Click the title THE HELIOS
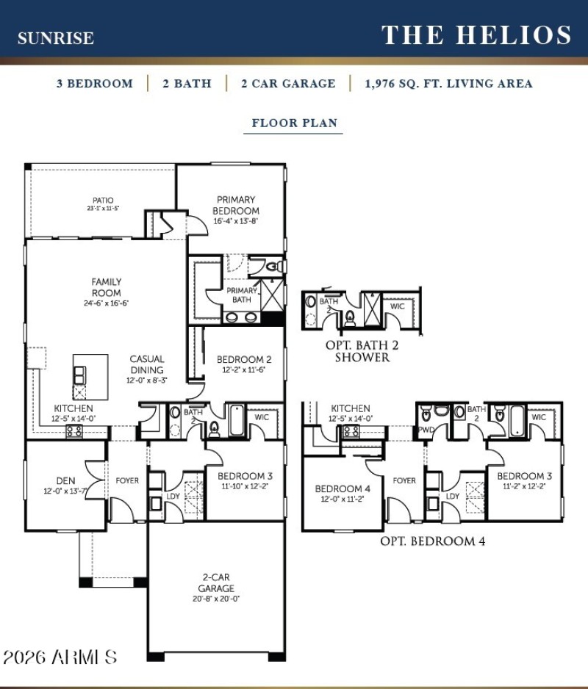click(x=476, y=35)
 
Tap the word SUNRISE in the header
click(x=56, y=38)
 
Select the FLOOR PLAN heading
click(x=294, y=123)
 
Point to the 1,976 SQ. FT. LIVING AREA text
click(x=448, y=84)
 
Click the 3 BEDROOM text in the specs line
click(x=95, y=84)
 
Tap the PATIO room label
click(x=103, y=200)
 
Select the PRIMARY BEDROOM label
click(x=236, y=205)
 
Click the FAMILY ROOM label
click(x=107, y=286)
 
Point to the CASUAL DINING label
click(x=147, y=365)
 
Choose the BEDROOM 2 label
click(x=244, y=360)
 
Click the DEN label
click(x=65, y=481)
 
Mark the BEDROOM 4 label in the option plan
click(x=338, y=489)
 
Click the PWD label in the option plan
click(x=427, y=431)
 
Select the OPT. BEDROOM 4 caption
click(x=432, y=541)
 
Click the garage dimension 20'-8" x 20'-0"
click(x=216, y=599)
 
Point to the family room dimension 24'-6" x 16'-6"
click(x=107, y=303)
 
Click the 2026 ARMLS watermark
click(x=60, y=656)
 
